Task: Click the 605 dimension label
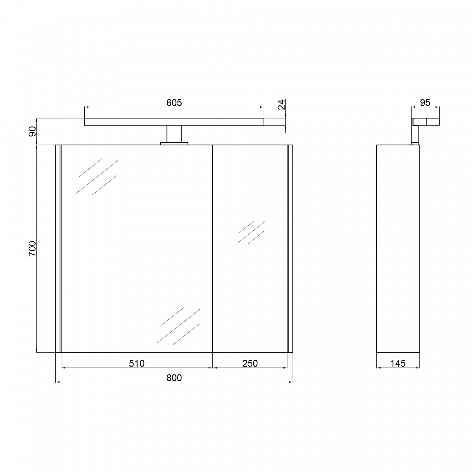tap(174, 103)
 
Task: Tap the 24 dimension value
tap(282, 104)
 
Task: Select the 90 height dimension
tap(32, 132)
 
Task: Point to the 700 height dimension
tap(32, 248)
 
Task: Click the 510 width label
tap(137, 363)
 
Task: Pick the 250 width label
tap(250, 363)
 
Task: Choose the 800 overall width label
tap(174, 378)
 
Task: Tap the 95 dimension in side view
tap(425, 103)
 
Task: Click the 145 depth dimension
tap(398, 363)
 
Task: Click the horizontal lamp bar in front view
tap(174, 122)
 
